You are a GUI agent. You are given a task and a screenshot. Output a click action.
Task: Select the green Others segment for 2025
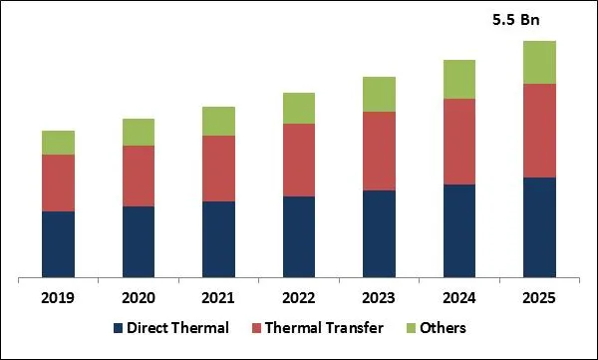[539, 62]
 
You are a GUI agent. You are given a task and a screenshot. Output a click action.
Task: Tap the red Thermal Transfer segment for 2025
[539, 131]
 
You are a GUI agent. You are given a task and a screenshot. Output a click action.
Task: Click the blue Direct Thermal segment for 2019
[59, 244]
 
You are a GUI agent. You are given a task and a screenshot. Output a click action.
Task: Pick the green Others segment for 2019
[59, 143]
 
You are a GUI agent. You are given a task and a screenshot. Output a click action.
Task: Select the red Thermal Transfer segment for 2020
[139, 177]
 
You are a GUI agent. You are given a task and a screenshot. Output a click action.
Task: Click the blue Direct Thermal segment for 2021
[218, 239]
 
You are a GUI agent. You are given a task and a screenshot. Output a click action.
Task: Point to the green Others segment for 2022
[299, 108]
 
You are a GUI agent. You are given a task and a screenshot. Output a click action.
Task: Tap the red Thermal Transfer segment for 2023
[379, 151]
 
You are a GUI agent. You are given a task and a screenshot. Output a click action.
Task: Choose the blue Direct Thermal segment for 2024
[459, 230]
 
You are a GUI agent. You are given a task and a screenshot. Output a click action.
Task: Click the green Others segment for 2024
[459, 80]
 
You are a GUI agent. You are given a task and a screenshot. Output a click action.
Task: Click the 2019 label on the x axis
[59, 297]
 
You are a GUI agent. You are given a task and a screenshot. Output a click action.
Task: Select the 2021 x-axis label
[218, 297]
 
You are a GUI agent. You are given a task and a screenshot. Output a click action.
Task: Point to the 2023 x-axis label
[379, 297]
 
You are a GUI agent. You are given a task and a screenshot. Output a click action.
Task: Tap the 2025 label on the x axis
[539, 297]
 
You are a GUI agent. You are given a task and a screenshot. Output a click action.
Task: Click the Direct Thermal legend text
[178, 328]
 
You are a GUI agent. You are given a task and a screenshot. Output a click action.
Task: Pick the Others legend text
[443, 328]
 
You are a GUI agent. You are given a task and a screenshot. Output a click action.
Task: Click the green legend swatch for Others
[410, 328]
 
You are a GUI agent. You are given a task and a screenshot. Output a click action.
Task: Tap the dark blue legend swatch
[119, 328]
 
